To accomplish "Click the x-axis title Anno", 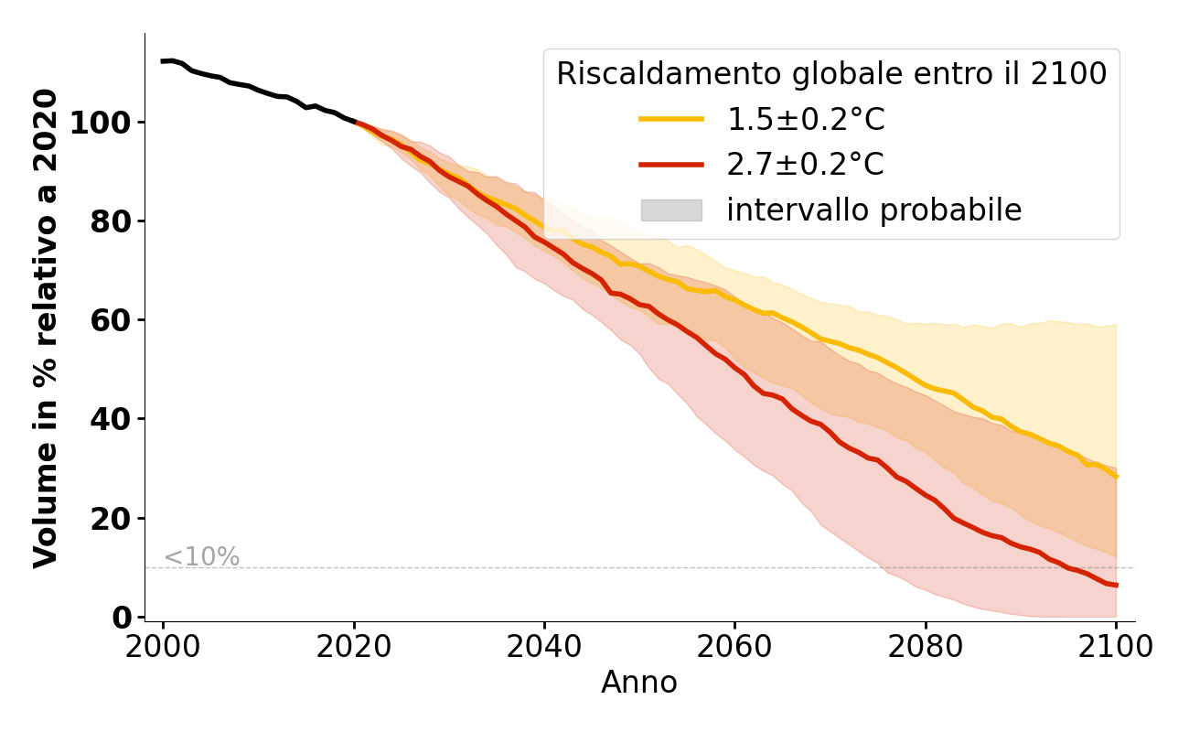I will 639,684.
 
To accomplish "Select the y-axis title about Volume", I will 46,328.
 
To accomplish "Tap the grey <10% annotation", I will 201,557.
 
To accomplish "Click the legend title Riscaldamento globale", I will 831,74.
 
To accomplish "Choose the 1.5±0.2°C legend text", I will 806,120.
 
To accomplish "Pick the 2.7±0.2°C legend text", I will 806,165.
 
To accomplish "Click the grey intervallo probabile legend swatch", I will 671,210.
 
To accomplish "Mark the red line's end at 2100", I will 1116,586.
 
